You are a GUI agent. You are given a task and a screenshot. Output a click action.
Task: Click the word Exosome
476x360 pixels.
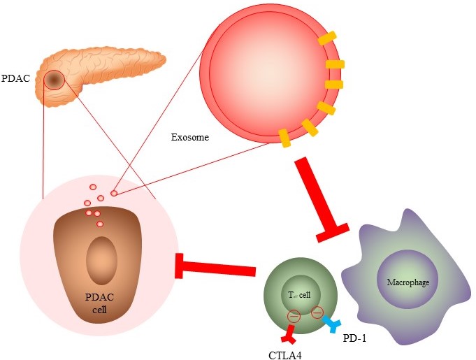[x=190, y=137]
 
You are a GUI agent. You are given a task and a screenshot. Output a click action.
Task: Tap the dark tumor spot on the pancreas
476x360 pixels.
[x=55, y=80]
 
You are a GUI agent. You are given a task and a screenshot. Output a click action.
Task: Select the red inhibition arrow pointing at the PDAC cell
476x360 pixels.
[x=217, y=266]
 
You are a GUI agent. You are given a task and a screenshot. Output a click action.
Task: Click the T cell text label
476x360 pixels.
[x=300, y=294]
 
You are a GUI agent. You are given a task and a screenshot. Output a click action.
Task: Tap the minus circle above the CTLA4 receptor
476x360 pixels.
[x=294, y=316]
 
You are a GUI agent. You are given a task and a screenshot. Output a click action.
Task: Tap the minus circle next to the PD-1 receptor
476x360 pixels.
[x=317, y=312]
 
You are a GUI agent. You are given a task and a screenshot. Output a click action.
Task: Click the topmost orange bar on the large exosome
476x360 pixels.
[x=326, y=39]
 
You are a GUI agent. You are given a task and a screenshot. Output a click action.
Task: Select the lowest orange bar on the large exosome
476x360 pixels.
[x=284, y=138]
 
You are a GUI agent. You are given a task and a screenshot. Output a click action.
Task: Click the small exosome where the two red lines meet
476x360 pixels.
[x=114, y=192]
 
